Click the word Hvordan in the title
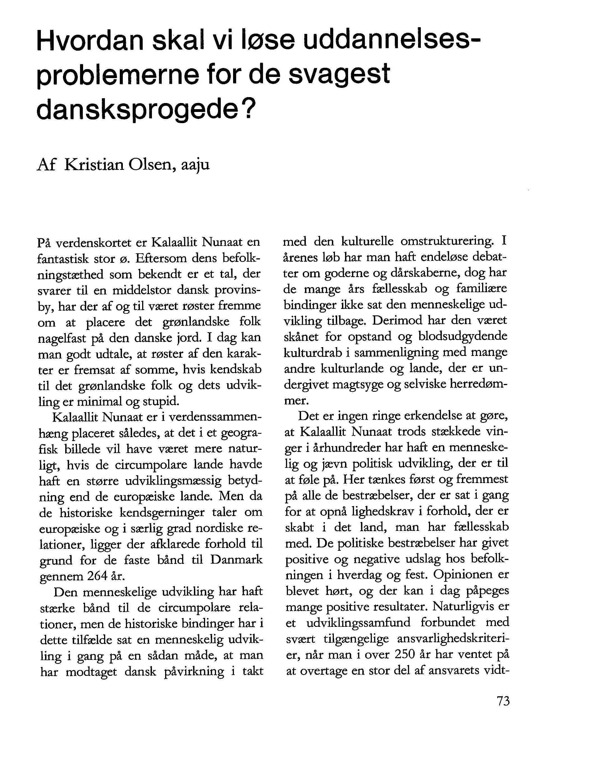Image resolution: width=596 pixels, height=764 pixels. click(90, 42)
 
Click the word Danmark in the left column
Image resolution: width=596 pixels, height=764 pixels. click(236, 559)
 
